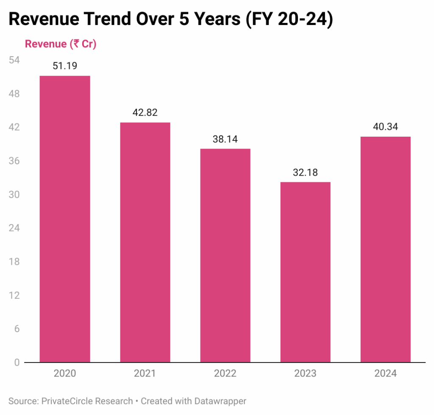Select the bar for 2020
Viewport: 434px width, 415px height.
[65, 219]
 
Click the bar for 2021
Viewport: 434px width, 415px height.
[145, 242]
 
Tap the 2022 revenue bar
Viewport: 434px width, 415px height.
[225, 255]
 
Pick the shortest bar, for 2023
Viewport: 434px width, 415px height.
[305, 272]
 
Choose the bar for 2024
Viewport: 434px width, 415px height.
[385, 249]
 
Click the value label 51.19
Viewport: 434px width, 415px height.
[65, 66]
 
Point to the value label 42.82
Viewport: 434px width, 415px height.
[145, 113]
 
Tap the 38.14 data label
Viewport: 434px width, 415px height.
[225, 139]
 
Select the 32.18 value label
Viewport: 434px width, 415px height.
[305, 173]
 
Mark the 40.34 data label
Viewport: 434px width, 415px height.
[385, 127]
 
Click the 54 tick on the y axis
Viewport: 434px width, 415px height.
[14, 60]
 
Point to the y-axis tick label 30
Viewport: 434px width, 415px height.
[14, 195]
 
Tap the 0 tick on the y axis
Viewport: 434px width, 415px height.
[17, 363]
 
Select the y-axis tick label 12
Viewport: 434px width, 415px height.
[14, 295]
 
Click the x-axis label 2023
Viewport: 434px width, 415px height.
[305, 374]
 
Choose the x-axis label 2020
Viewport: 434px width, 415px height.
[65, 374]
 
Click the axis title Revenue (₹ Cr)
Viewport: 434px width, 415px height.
[61, 44]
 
